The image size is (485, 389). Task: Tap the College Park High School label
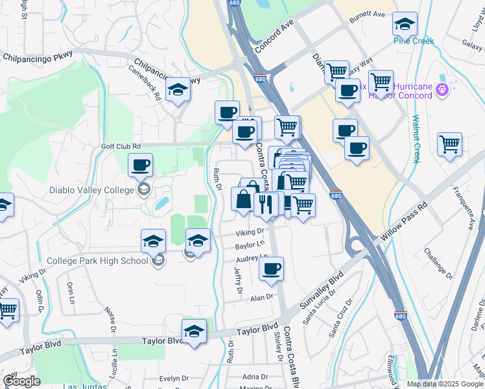click(x=97, y=261)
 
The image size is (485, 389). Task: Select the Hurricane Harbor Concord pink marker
click(x=443, y=89)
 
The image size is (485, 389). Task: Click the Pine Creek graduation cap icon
click(x=405, y=25)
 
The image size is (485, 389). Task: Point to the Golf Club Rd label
click(x=121, y=147)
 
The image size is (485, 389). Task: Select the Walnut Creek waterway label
click(x=417, y=139)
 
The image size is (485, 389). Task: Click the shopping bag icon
click(x=243, y=200)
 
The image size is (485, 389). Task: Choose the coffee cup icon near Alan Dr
click(x=272, y=268)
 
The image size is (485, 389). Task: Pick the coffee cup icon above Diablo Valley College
click(x=140, y=166)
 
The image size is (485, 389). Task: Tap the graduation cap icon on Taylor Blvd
click(x=194, y=332)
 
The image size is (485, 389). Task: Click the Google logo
click(x=21, y=382)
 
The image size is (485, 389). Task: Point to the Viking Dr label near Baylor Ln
click(x=250, y=231)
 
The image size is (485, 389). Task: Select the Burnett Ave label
click(x=367, y=14)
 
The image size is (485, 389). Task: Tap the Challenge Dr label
click(x=438, y=260)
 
